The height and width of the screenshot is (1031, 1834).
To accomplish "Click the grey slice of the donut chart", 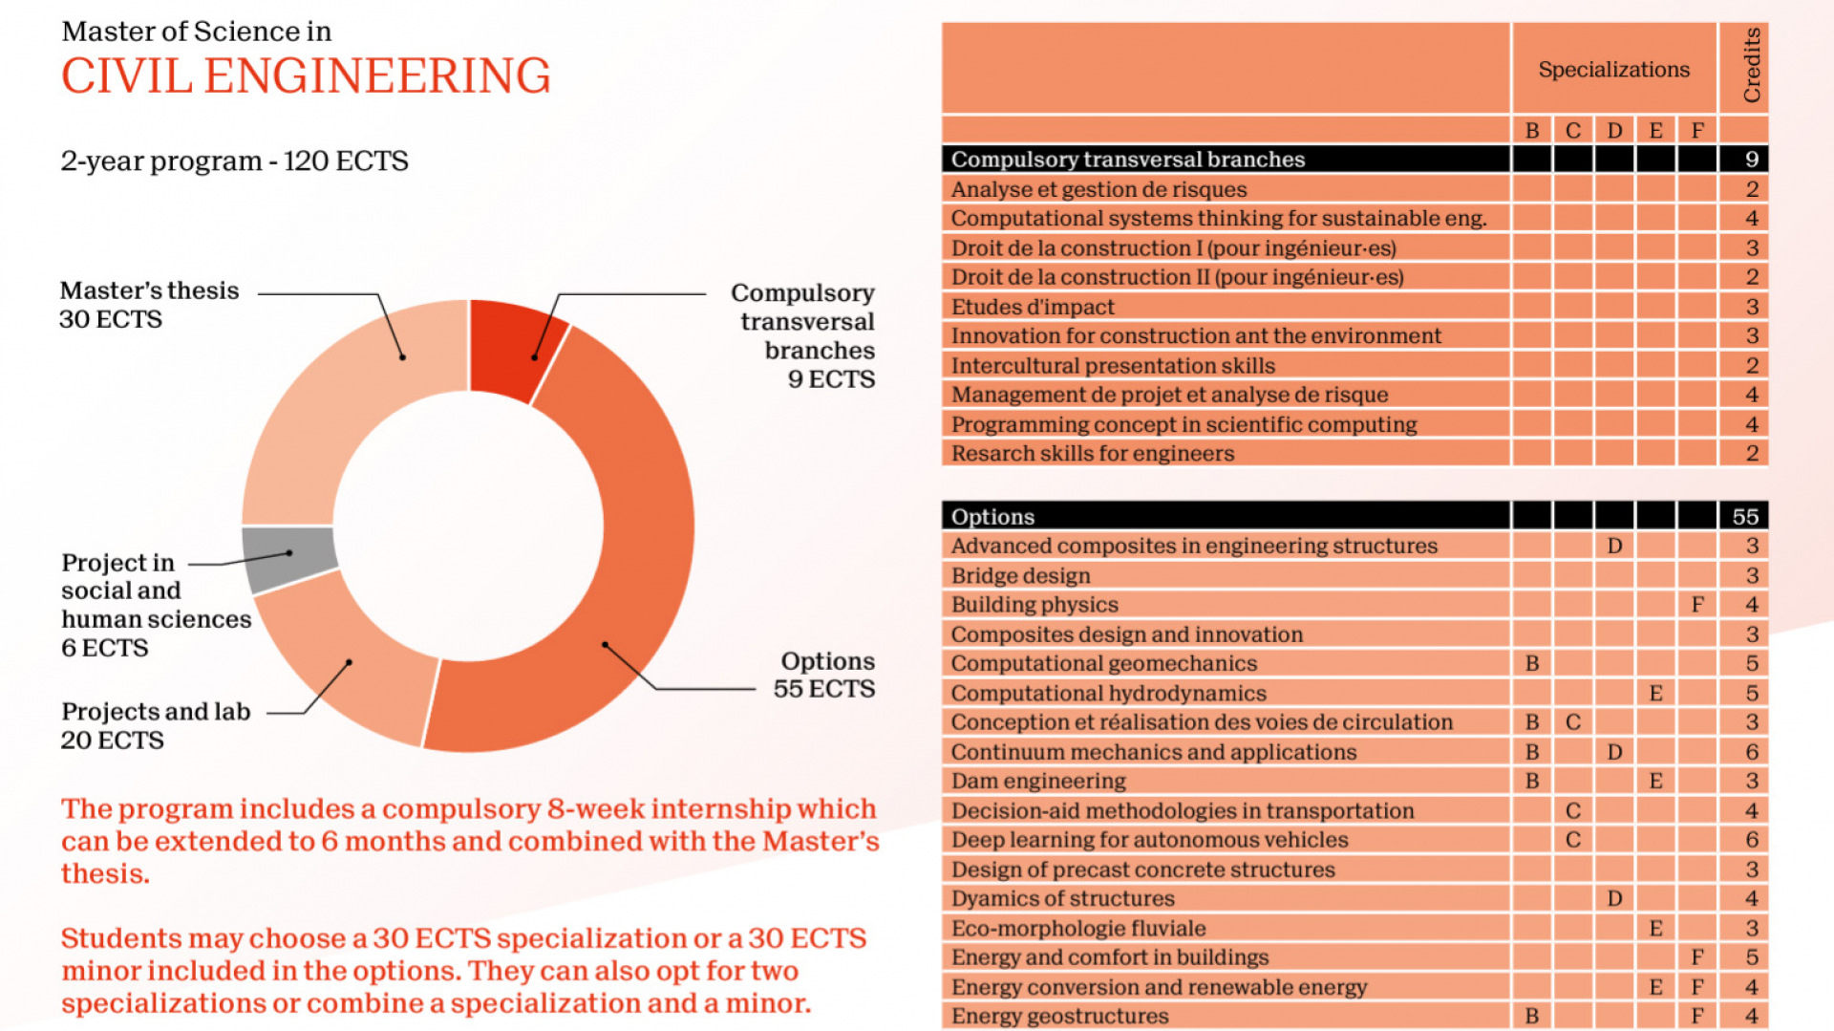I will click(x=288, y=558).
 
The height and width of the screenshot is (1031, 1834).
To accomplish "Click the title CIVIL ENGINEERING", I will click(x=306, y=76).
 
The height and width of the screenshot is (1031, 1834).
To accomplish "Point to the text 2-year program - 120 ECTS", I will click(x=234, y=161).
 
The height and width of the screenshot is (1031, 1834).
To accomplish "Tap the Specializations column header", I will click(x=1613, y=70).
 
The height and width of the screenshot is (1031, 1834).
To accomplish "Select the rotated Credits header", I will click(x=1751, y=65).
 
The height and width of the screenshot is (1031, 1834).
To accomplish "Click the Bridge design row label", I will click(x=1020, y=575).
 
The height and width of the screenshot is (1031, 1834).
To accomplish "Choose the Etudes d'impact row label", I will click(x=1033, y=307).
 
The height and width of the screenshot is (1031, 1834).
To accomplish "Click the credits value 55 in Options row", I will click(x=1745, y=516).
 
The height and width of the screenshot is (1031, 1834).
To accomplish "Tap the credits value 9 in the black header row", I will click(x=1751, y=160).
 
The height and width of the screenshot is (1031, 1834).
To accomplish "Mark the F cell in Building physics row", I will click(x=1696, y=604).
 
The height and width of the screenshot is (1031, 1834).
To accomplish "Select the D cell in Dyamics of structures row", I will click(x=1614, y=898).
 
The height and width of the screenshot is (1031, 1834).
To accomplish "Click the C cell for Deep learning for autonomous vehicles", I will click(x=1573, y=839).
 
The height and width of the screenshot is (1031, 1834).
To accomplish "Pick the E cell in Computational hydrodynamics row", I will click(x=1655, y=693).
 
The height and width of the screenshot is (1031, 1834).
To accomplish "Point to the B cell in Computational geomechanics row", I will click(x=1532, y=663).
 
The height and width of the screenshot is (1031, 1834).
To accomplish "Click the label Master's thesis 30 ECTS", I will click(x=149, y=304).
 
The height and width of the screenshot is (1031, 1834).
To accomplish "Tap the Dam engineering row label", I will click(x=1038, y=781).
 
